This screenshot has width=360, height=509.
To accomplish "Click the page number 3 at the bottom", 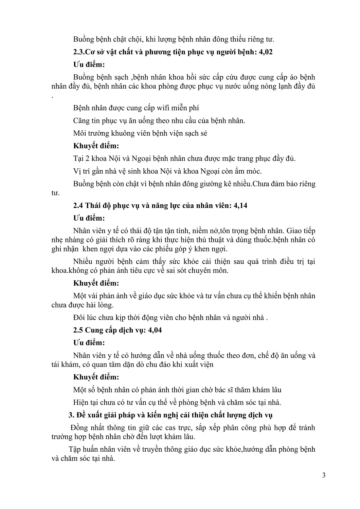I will coord(324,475).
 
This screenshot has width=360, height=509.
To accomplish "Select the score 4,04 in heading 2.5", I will coord(154,330).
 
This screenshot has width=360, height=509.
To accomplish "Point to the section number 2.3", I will coord(79,52).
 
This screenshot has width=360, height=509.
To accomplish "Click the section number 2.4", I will coord(78,205).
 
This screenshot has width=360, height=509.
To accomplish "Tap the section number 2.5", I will coord(78,330).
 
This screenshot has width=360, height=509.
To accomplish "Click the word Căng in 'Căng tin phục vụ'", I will coord(81,120).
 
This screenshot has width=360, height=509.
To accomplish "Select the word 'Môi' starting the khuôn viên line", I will coord(79,133).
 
